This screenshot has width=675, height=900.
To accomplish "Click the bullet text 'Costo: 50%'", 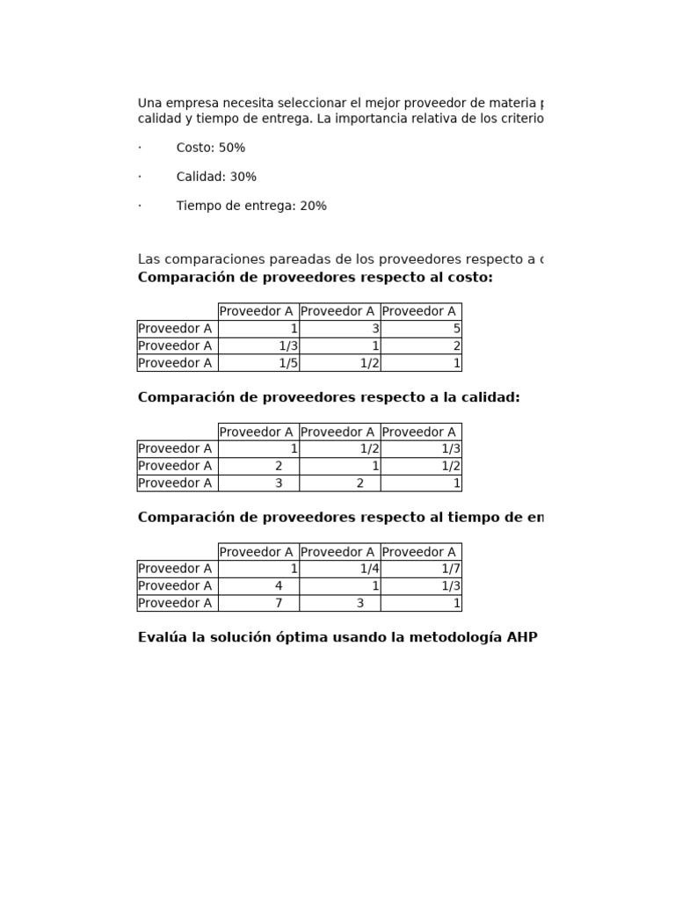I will point(210,148).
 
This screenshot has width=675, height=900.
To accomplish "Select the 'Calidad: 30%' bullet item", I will point(216,177).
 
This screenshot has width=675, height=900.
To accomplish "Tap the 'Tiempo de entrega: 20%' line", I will point(251,206).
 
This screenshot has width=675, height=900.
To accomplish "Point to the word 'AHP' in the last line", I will point(522,637).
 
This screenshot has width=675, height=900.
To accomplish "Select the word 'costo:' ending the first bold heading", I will point(471,278).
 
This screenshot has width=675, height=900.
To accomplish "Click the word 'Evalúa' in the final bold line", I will point(162,637).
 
